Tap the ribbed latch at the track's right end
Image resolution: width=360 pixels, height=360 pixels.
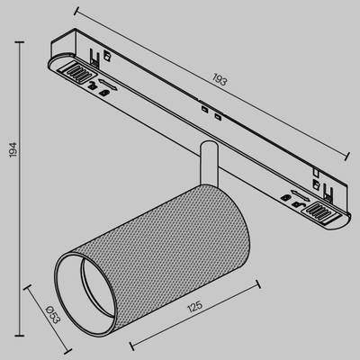point(320,211)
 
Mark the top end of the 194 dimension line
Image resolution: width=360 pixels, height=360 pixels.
point(21,38)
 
